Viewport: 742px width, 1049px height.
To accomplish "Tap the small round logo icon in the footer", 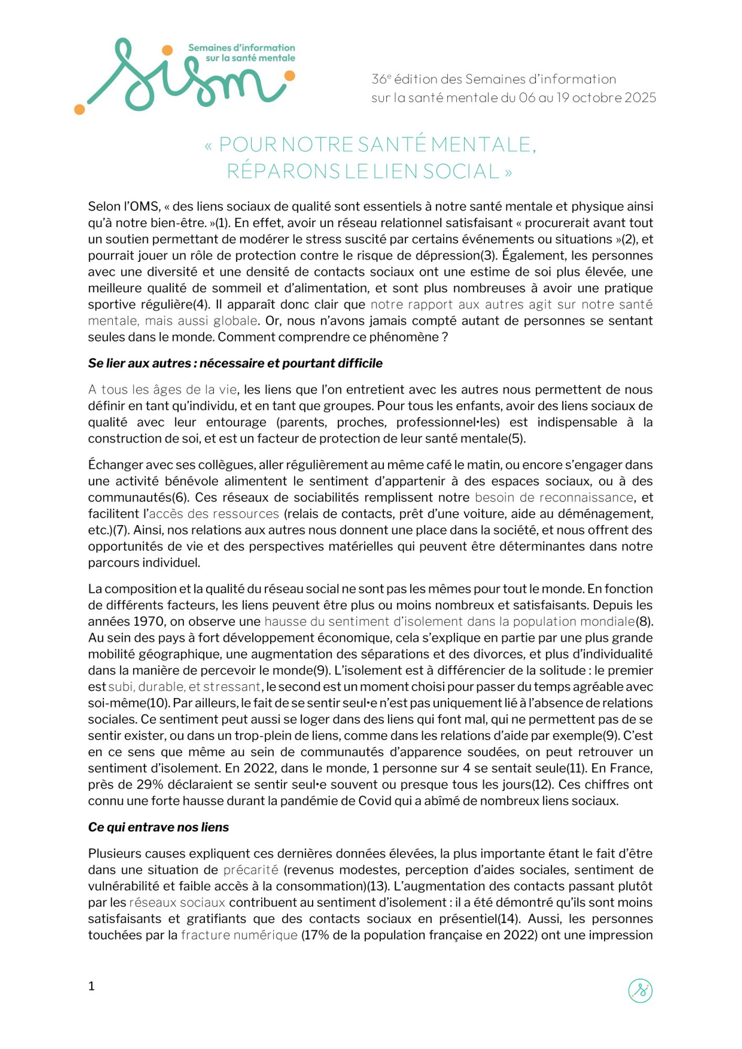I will [x=640, y=991].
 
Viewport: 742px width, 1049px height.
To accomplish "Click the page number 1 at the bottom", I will [x=91, y=986].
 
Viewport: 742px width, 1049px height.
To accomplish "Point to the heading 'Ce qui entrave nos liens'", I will [x=158, y=827].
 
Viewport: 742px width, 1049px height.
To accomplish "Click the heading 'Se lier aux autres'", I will [x=235, y=363].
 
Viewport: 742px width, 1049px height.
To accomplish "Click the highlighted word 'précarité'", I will [x=251, y=870].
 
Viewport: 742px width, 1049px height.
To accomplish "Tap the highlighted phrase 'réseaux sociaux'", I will [x=177, y=903].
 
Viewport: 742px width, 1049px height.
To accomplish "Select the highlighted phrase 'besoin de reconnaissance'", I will [x=554, y=497].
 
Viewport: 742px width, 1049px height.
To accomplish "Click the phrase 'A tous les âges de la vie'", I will [x=163, y=390].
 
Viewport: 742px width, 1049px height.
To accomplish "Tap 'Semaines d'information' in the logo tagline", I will [x=241, y=48].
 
